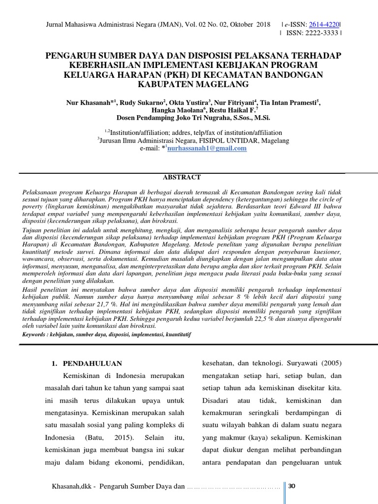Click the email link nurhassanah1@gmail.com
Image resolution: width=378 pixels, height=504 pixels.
tap(207, 148)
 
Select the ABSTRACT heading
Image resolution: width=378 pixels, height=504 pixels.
tap(182, 177)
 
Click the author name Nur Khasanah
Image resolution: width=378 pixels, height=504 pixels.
tap(89, 103)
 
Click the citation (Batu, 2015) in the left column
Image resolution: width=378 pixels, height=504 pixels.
tap(105, 438)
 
